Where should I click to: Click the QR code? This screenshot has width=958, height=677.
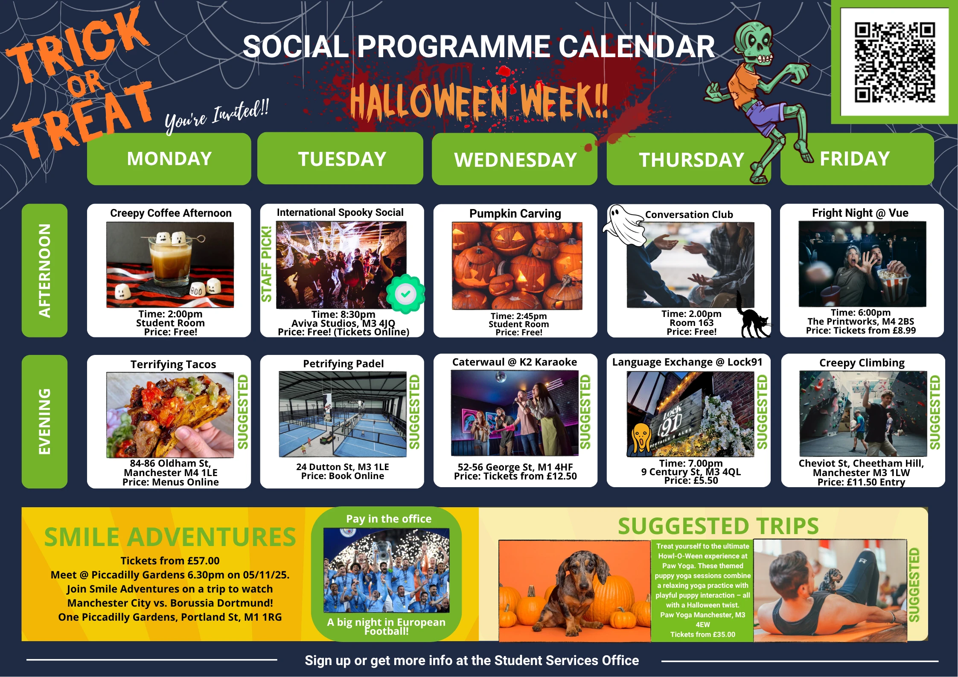[x=894, y=63]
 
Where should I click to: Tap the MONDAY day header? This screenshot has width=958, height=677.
[x=169, y=159]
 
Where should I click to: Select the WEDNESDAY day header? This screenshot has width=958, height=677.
[x=515, y=160]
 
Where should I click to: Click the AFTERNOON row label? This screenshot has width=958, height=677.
[x=44, y=270]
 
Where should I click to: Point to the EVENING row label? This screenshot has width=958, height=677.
[x=44, y=421]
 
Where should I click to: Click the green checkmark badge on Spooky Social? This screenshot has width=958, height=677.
[x=405, y=293]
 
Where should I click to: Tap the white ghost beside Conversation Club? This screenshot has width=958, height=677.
[x=624, y=225]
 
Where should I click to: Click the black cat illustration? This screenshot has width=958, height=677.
[x=752, y=317]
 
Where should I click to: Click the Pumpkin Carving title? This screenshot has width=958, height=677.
[x=515, y=213]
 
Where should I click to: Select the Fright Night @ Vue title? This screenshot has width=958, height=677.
[x=860, y=213]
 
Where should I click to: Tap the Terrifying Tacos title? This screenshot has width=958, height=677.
[x=173, y=364]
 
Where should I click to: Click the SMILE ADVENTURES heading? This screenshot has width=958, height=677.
[x=170, y=537]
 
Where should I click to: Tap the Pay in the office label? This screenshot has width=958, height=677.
[x=389, y=519]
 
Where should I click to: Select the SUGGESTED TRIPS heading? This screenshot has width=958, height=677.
[x=718, y=526]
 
